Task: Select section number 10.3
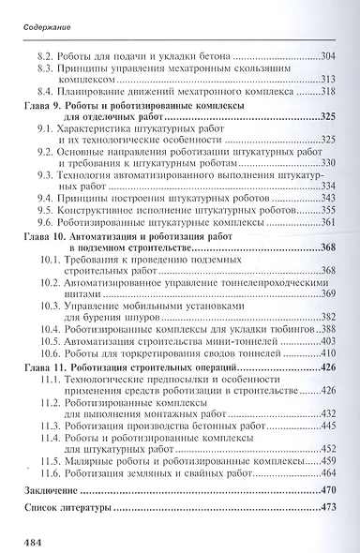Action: coord(52,305)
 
